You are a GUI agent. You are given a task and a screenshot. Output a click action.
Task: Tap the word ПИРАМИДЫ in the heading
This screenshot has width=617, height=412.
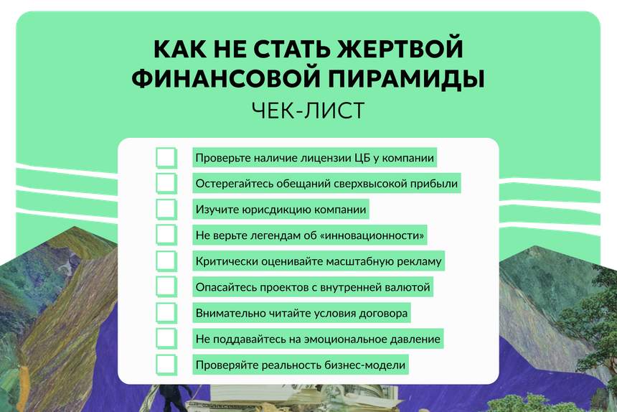coord(406,78)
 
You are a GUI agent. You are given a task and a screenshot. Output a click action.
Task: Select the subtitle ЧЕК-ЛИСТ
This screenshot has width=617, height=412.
coord(308,111)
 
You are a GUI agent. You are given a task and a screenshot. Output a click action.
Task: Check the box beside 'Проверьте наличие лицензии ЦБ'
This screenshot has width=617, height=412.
coord(166,157)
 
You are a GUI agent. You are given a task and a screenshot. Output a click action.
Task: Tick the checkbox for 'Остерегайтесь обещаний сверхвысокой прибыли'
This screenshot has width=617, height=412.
coord(166,183)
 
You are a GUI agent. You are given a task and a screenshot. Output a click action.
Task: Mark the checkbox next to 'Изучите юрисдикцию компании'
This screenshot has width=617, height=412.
coord(166,210)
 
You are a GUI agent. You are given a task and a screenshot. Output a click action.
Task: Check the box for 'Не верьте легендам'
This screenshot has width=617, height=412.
coord(166,235)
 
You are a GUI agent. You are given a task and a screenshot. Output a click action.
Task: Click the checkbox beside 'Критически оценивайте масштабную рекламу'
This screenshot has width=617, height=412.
coord(166,261)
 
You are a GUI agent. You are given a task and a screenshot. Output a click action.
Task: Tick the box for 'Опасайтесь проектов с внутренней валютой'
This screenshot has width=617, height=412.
coord(166,287)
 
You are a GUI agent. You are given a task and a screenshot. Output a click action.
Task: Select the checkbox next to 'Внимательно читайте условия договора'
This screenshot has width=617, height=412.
coord(166,313)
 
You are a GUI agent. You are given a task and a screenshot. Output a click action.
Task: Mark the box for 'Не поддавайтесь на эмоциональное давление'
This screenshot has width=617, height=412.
coord(166,338)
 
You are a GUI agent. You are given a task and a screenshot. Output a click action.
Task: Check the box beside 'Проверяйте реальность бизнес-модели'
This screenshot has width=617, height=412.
coord(166,365)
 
